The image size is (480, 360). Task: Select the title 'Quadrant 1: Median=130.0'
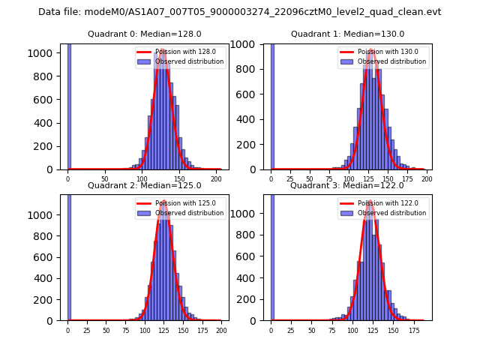(347, 34)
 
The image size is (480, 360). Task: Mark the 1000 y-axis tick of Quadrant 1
(250, 44)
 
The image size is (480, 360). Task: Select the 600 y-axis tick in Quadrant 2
(49, 257)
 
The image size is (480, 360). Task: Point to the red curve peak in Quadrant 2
(163, 201)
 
